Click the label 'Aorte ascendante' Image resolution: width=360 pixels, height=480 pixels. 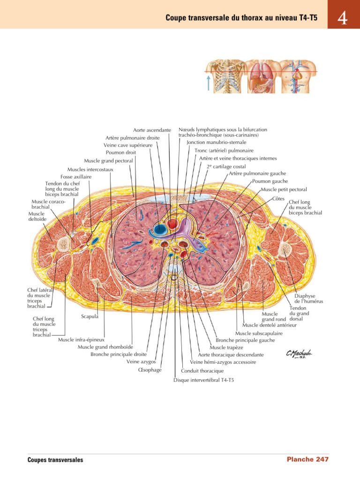click(152, 130)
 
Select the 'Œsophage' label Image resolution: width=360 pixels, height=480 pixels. click(150, 370)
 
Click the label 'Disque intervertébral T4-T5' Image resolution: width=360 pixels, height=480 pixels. click(203, 380)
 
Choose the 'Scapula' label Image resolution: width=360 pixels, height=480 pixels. click(90, 316)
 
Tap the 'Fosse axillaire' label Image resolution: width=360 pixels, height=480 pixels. click(76, 176)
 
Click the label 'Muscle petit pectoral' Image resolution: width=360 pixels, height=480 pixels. click(284, 189)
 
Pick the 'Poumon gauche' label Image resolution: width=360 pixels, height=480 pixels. click(270, 181)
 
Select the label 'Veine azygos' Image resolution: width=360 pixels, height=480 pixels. click(141, 362)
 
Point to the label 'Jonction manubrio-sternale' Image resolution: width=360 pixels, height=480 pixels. click(217, 142)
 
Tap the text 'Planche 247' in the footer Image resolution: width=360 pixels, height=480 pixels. click(307, 459)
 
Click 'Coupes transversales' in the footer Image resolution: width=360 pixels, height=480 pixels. click(55, 460)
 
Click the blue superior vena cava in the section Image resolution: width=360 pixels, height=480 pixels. click(159, 229)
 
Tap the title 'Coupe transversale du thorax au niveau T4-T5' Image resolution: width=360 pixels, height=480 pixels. click(241, 18)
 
